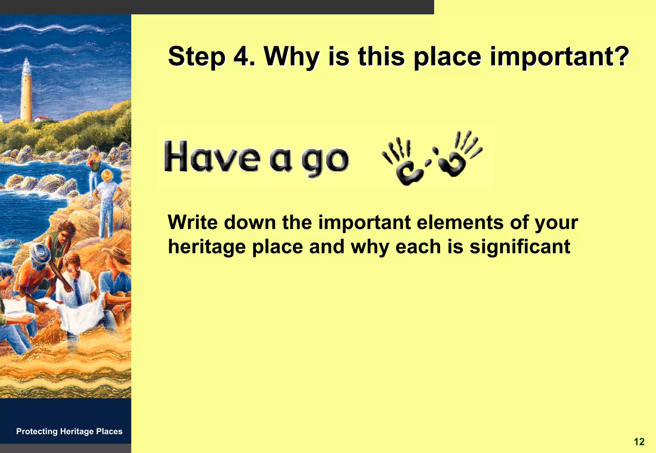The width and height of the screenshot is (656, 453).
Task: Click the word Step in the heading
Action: [196, 57]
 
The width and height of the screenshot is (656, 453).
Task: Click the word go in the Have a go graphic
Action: [325, 160]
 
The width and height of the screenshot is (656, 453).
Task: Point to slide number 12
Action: [639, 442]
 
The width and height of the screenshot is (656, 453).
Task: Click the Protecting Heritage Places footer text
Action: [69, 431]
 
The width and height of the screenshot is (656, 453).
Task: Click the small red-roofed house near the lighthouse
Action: [42, 119]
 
